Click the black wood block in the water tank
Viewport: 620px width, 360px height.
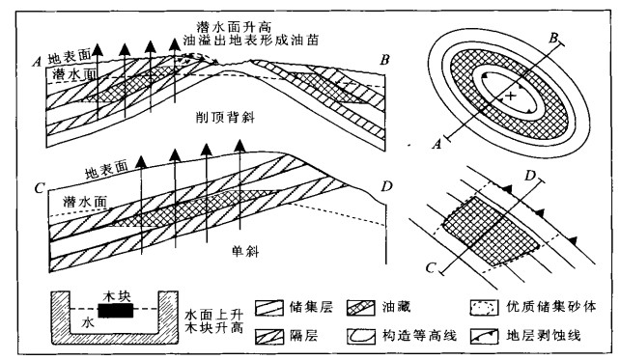116,311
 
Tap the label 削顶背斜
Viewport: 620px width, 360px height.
225,117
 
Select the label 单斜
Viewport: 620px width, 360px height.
245,251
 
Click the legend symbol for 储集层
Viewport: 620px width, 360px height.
268,308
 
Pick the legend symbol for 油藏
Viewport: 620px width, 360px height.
360,308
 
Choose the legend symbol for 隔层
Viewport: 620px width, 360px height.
268,337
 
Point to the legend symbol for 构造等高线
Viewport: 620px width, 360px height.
360,337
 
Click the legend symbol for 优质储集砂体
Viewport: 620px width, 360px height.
483,308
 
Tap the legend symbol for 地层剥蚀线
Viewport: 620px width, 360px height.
483,337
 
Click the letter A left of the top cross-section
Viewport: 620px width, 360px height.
37,62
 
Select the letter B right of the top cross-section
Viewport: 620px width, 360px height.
384,60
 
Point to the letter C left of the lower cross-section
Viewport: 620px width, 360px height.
39,188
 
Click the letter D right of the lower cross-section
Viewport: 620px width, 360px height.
386,186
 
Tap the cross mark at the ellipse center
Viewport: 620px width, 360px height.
511,96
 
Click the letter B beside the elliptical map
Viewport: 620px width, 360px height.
552,39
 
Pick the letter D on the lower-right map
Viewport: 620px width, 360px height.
530,176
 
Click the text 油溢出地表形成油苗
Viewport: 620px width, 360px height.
251,40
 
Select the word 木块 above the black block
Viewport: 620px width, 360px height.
116,296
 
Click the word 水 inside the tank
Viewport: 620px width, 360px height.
87,322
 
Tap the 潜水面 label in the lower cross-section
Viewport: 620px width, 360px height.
85,202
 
